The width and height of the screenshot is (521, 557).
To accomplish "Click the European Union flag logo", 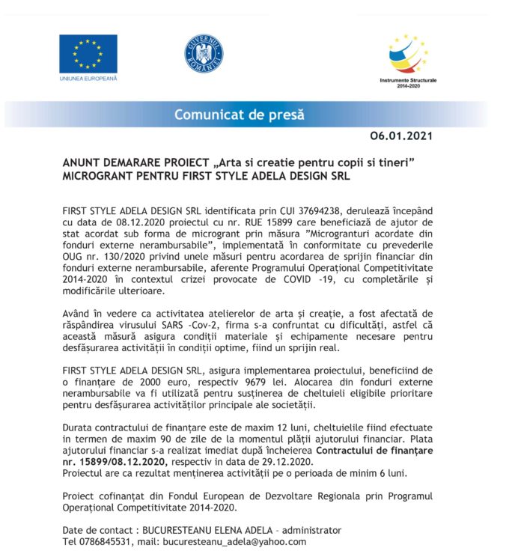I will (88, 53).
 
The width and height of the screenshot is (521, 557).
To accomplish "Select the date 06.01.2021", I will (401, 137).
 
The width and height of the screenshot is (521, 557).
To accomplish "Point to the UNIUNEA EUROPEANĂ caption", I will (88, 79).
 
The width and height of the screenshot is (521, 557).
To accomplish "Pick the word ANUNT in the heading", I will (81, 162).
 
